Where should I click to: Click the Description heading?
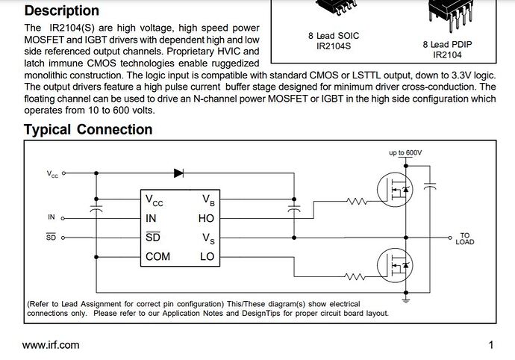(61, 10)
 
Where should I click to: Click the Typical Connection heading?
(88, 129)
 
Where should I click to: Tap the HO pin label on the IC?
(206, 219)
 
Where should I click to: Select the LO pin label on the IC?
(207, 256)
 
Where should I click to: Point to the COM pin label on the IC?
(157, 256)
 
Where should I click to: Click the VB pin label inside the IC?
(208, 199)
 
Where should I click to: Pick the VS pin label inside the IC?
(208, 238)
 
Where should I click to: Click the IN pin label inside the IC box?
(151, 219)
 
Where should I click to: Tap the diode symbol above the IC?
(179, 173)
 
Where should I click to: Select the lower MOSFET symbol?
(395, 264)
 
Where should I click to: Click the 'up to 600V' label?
(405, 152)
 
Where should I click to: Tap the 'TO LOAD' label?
(464, 238)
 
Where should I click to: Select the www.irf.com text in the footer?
(51, 345)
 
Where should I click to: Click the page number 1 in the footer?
(491, 345)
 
